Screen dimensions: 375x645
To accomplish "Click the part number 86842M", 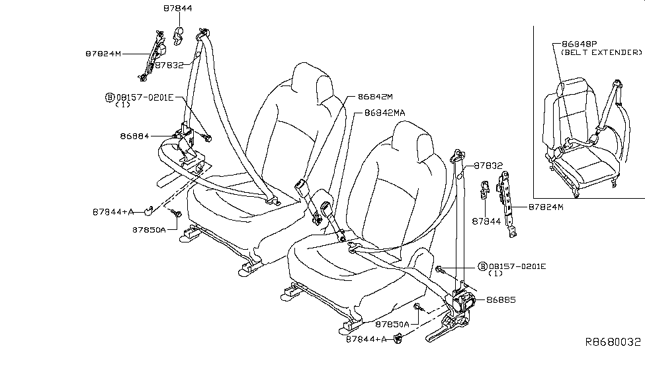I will click(375, 96).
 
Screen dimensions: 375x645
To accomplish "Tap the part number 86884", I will click(135, 136).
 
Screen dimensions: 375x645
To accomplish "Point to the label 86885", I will click(501, 299).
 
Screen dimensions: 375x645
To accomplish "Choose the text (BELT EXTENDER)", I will click(601, 52).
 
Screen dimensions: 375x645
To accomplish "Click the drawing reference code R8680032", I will click(612, 342).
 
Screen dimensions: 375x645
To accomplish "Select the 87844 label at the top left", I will click(178, 9).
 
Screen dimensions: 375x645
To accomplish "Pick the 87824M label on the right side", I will click(546, 207).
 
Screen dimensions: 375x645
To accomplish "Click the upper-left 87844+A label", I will click(113, 212).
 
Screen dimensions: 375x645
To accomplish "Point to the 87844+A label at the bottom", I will click(366, 339).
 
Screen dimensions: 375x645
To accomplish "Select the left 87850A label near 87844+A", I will click(149, 230).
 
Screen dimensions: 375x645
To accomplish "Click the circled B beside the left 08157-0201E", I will click(109, 97).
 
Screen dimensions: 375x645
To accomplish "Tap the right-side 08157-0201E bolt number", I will click(517, 266).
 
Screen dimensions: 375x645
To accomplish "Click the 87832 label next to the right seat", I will click(488, 166).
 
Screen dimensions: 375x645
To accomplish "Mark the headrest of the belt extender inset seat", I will click(574, 89).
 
